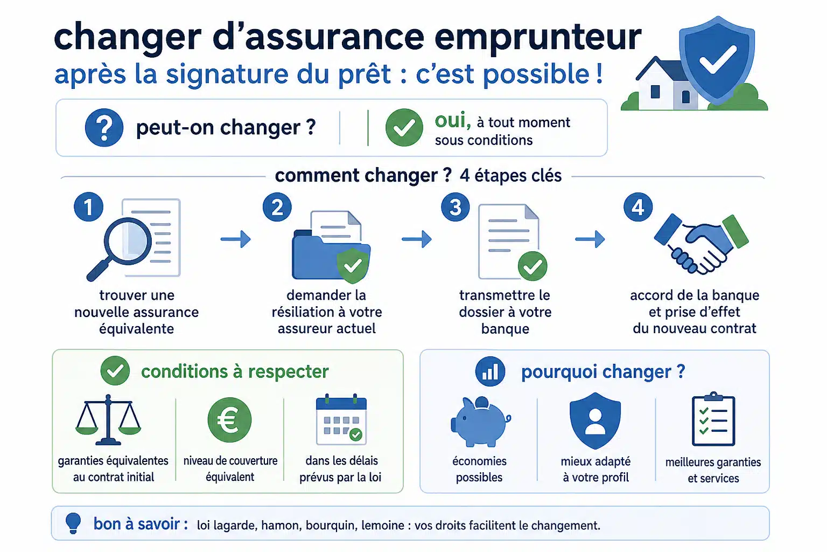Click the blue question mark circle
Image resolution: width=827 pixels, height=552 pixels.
pos(104,128)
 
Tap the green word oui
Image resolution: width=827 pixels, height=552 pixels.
pos(453,121)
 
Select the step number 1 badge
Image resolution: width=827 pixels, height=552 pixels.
pos(89,206)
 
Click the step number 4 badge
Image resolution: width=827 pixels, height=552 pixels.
pos(638,207)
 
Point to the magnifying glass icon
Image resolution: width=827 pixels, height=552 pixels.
pos(122,246)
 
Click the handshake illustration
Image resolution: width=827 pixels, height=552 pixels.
pos(701,245)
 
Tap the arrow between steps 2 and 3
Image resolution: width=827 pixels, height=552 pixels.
pos(417,239)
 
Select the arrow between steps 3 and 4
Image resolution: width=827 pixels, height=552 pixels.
pos(590,239)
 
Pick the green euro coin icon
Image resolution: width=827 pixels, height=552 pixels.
pos(230,419)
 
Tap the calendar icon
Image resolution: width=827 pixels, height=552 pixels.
pos(341,419)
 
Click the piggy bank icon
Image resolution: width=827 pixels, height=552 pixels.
pos(480,421)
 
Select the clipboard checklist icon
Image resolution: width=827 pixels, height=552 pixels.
pos(713,419)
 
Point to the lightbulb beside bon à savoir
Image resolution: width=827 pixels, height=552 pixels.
pos(73,523)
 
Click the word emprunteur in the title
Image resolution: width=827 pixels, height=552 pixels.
pos(538,37)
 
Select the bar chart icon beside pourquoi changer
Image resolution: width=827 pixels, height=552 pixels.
pos(490,371)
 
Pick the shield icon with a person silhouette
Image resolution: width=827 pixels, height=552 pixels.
pos(595,420)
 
